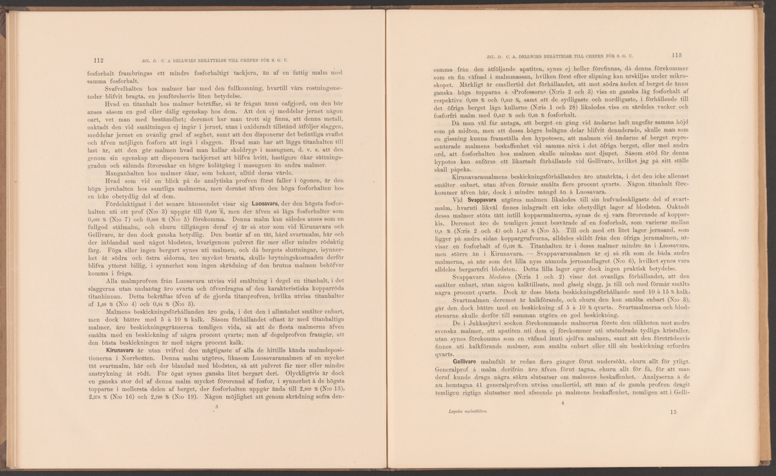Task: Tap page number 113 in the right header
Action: pos(678,56)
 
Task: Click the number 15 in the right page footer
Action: pos(674,411)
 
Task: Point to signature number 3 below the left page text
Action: pos(217,407)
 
